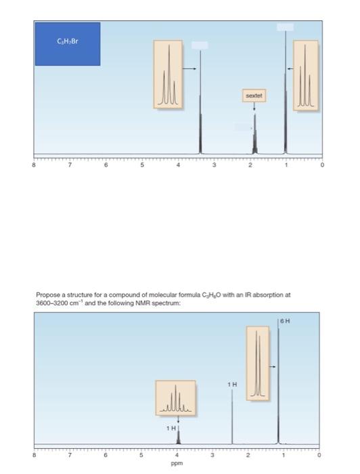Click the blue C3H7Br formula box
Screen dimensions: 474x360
click(x=68, y=44)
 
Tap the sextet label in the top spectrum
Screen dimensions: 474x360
click(x=254, y=97)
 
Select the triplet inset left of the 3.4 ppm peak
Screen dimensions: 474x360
click(x=167, y=74)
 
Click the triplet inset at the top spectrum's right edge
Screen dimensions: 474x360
click(x=305, y=74)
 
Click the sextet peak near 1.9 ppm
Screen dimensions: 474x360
click(x=255, y=135)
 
